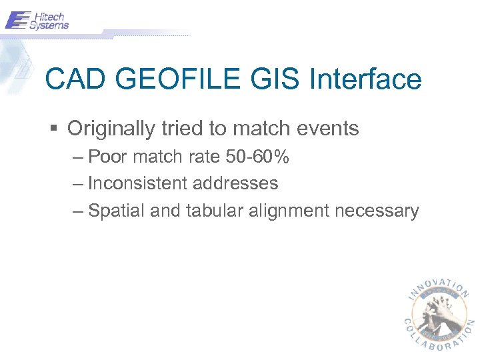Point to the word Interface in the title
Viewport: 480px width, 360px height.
(366, 80)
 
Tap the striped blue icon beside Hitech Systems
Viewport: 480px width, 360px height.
(17, 20)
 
